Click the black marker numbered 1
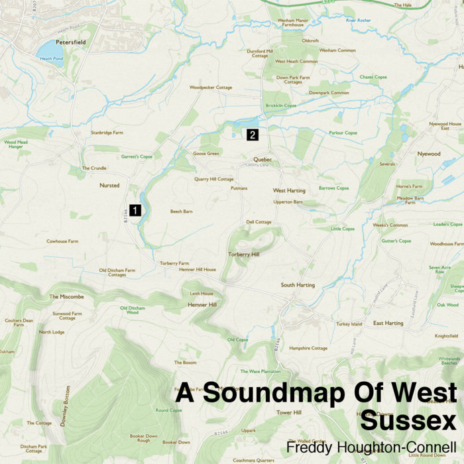point(135,210)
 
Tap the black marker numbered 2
point(252,135)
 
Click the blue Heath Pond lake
point(48,50)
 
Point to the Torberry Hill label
point(243,254)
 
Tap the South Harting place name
point(298,285)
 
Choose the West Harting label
point(289,190)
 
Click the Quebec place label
point(262,159)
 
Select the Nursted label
point(109,186)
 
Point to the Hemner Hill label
point(203,304)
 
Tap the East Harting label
point(388,323)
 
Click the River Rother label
point(359,21)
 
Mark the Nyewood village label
point(429,153)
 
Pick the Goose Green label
point(205,153)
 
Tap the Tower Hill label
point(289,412)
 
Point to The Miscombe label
point(67,296)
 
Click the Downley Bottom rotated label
point(65,405)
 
